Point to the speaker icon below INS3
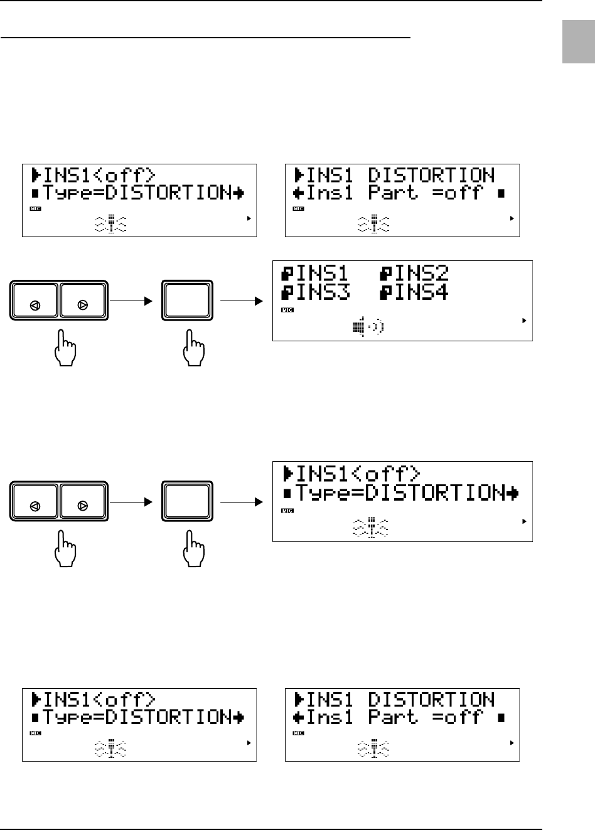367,327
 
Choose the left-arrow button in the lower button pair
35,502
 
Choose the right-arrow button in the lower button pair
83,502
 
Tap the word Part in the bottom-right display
393,717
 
